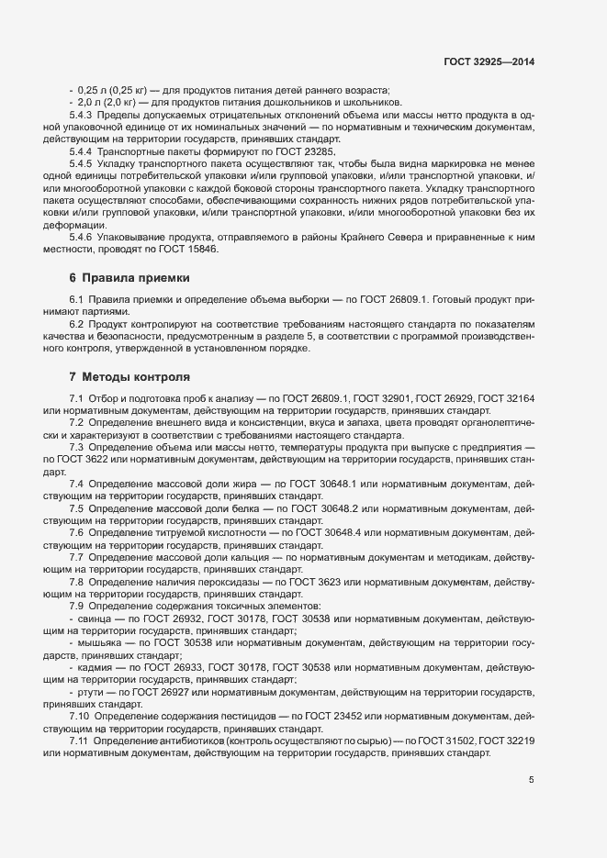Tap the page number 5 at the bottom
tap(531, 781)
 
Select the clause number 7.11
tap(80, 740)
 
